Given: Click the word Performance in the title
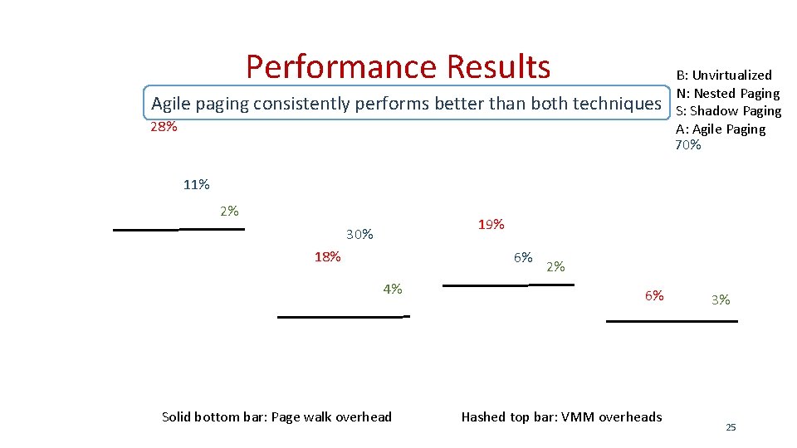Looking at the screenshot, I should [x=341, y=66].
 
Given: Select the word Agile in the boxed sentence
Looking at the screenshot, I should [x=171, y=104].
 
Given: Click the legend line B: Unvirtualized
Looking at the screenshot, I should [x=723, y=75].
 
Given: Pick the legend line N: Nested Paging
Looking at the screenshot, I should [x=727, y=93].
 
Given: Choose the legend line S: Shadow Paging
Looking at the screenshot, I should [x=728, y=110].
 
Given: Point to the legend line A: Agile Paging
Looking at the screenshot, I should [x=720, y=129].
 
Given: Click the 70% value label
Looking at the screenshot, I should [x=687, y=145].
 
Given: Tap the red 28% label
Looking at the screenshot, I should [x=164, y=128].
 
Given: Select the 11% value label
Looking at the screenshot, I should [x=196, y=185].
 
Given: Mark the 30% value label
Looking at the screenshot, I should [x=359, y=235].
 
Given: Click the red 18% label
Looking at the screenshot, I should [x=327, y=256].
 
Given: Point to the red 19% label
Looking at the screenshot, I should [x=491, y=225].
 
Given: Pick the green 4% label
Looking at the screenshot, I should [x=393, y=289].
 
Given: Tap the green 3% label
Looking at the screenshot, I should [x=721, y=299].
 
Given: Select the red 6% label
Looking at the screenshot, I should [x=654, y=295].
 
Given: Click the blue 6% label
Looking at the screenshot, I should [x=523, y=257].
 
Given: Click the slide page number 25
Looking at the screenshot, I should [x=731, y=427].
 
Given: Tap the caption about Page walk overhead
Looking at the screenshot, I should [x=276, y=416].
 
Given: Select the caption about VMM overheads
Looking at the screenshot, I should [x=561, y=416].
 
